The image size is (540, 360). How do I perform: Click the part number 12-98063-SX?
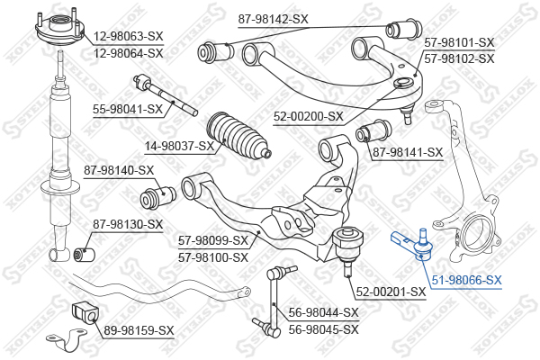pyautogui.click(x=128, y=36)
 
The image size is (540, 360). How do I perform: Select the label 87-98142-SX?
pyautogui.click(x=273, y=19)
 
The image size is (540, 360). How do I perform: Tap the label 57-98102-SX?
pyautogui.click(x=459, y=58)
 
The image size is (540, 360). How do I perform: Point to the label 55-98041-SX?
pyautogui.click(x=128, y=110)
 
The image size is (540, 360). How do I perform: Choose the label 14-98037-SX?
pyautogui.click(x=179, y=146)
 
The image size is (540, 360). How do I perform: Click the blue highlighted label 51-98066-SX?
pyautogui.click(x=466, y=281)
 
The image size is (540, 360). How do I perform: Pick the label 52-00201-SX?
pyautogui.click(x=391, y=292)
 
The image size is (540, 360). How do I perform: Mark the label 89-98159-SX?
pyautogui.click(x=139, y=331)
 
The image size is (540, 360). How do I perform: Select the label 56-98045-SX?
pyautogui.click(x=324, y=329)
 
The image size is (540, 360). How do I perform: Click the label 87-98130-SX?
pyautogui.click(x=128, y=225)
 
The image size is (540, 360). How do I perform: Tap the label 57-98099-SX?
pyautogui.click(x=213, y=241)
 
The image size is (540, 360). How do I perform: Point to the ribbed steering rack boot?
pyautogui.click(x=238, y=137)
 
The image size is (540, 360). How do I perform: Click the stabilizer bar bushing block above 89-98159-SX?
pyautogui.click(x=85, y=312)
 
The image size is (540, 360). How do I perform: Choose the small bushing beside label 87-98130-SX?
pyautogui.click(x=85, y=255)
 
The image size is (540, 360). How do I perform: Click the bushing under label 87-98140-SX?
pyautogui.click(x=157, y=197)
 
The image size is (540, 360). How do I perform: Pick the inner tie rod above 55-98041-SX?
pyautogui.click(x=165, y=95)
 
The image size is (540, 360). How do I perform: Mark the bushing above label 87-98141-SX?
pyautogui.click(x=373, y=130)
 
